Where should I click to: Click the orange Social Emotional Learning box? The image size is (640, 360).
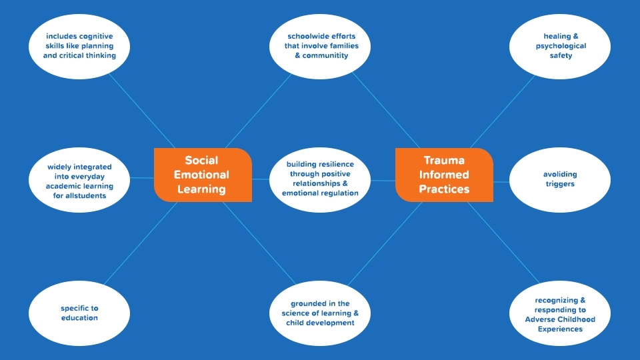pos(202,175)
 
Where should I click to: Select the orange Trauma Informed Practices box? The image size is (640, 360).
pos(444,175)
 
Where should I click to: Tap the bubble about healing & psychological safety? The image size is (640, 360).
pos(560,46)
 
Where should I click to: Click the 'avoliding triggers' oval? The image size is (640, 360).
pos(560,179)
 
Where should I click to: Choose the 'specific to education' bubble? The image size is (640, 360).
pos(79,313)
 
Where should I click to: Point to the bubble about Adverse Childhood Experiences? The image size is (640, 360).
pos(560,314)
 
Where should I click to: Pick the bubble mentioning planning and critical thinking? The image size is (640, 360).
pos(79,46)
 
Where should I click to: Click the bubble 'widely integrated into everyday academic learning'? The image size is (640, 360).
pos(79,181)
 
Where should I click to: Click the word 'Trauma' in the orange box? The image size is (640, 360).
pos(444,161)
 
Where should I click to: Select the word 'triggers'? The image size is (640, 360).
pos(560,184)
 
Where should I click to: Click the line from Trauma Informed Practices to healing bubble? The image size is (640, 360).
pos(503,109)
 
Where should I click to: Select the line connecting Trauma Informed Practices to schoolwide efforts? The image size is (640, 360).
pos(387,109)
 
